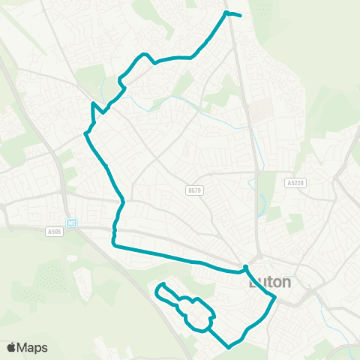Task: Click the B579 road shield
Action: point(194,191)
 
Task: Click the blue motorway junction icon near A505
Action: point(73,221)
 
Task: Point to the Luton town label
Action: point(268,283)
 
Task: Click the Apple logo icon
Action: point(11,347)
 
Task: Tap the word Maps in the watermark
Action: point(32,347)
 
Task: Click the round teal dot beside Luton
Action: point(245,268)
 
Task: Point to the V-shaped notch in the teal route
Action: point(93,105)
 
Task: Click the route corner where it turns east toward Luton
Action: point(114,244)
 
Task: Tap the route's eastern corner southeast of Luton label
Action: point(275,298)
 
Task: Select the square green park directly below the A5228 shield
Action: point(295,223)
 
